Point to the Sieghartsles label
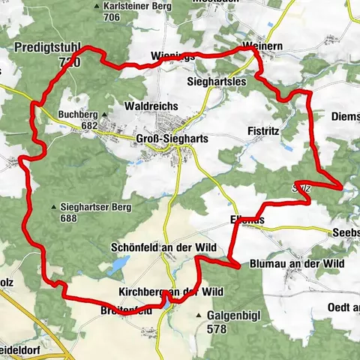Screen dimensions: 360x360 point(216,79)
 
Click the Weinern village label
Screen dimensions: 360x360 point(261,46)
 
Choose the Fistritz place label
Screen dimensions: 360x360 point(262,130)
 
